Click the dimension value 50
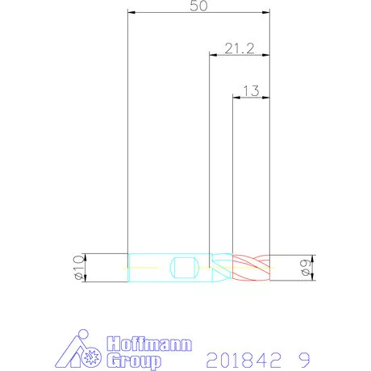pyautogui.click(x=198, y=6)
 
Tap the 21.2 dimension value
pyautogui.click(x=240, y=48)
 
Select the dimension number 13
pyautogui.click(x=251, y=91)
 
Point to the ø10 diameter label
pyautogui.click(x=79, y=268)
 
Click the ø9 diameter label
pyautogui.click(x=306, y=268)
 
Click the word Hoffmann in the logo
pyautogui.click(x=149, y=344)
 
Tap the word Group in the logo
pyautogui.click(x=134, y=361)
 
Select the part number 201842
pyautogui.click(x=244, y=360)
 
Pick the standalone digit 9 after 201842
pyautogui.click(x=304, y=360)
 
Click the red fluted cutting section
pyautogui.click(x=251, y=268)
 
